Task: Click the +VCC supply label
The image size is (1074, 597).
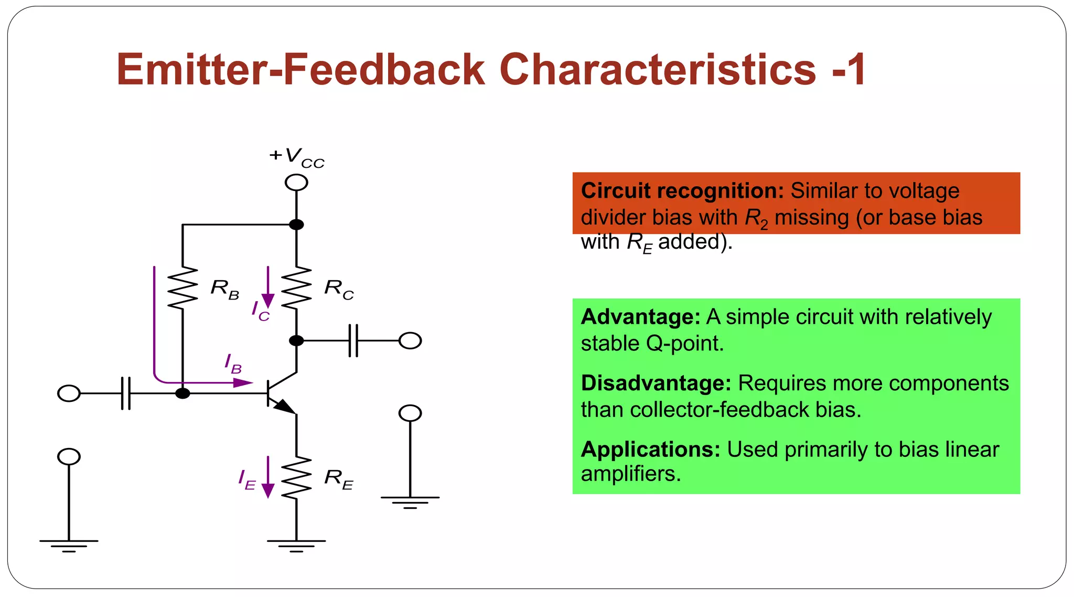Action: pos(297,157)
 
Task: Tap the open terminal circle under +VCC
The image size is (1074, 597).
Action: pos(296,183)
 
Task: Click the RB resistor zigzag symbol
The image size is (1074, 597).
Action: pos(182,287)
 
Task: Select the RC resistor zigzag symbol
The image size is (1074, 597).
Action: pos(296,287)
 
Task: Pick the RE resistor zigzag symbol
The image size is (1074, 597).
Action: pos(296,477)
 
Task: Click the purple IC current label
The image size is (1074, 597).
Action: pos(260,311)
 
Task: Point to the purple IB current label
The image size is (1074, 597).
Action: pos(233,363)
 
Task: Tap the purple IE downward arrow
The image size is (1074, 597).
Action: pos(268,477)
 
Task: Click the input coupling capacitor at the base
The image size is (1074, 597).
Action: pos(126,393)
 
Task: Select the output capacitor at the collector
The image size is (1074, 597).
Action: pos(353,340)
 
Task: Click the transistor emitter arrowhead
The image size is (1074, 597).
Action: pos(285,406)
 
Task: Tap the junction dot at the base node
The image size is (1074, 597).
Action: pos(182,393)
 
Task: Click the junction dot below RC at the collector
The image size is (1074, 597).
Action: pos(296,340)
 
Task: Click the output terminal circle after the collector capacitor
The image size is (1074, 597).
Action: pos(410,340)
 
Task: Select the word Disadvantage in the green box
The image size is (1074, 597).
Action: pos(656,383)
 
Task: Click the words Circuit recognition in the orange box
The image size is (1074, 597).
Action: pos(682,191)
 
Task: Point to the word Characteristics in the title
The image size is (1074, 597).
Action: pos(658,69)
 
